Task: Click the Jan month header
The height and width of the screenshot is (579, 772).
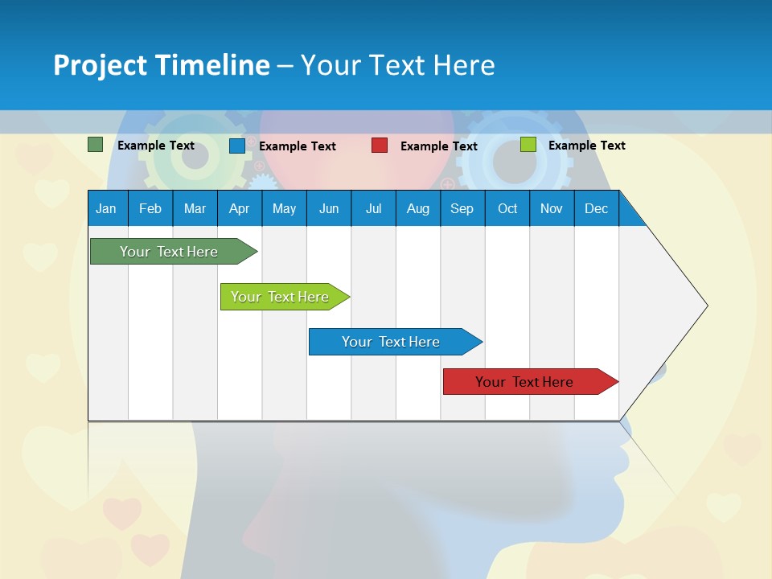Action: click(106, 209)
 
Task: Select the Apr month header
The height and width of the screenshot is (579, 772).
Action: click(239, 209)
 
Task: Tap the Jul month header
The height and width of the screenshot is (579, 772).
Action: click(373, 209)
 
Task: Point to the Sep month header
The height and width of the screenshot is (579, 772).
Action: click(462, 209)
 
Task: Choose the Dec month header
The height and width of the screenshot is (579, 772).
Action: click(596, 209)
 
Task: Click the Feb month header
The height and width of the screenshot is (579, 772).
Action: click(150, 209)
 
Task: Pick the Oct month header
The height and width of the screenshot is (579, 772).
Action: click(507, 209)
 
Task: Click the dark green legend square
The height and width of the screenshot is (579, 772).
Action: click(96, 145)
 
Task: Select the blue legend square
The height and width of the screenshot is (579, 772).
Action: click(237, 146)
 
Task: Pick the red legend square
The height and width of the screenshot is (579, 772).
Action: click(380, 146)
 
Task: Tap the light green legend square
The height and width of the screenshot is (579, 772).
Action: click(528, 145)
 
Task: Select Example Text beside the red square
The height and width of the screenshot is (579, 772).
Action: click(438, 146)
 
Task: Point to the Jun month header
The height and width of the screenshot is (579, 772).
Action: click(329, 209)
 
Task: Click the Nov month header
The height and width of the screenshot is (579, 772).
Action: click(552, 209)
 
